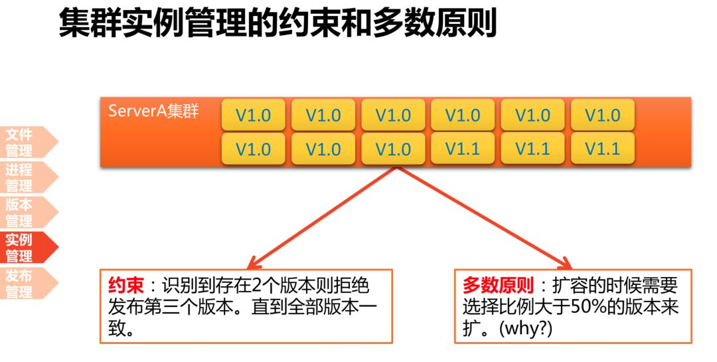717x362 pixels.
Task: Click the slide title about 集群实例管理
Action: coord(278,24)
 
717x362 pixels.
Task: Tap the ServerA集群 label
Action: coord(153,110)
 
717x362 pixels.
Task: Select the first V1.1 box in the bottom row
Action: coord(462,148)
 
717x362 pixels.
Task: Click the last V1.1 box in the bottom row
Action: coord(602,148)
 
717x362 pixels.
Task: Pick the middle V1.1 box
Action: coord(532,148)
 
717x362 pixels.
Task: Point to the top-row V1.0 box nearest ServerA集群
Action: coord(253,115)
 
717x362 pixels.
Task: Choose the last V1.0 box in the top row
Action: coord(602,115)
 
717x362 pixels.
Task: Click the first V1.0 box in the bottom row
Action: coord(253,148)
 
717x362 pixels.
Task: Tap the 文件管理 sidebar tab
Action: coord(20,142)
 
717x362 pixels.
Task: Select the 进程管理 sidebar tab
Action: coord(20,177)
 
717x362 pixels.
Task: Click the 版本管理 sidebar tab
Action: coord(20,213)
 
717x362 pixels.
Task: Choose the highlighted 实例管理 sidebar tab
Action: coord(20,247)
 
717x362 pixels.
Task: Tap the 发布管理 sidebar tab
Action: coord(20,282)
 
